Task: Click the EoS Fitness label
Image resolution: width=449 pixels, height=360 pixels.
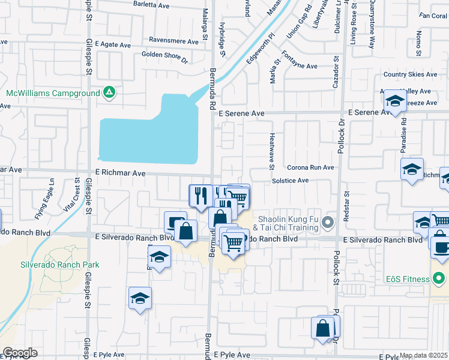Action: (x=408, y=279)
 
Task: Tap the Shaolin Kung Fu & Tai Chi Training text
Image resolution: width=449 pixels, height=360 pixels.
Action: (x=286, y=223)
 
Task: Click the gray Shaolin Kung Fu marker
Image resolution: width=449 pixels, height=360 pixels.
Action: (x=327, y=223)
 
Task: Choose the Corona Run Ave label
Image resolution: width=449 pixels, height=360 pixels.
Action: (x=310, y=167)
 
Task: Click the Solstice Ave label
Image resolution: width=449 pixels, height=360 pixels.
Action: (x=290, y=181)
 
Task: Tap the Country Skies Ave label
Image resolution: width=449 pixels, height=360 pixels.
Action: (x=411, y=74)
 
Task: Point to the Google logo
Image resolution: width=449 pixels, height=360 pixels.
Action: (x=20, y=353)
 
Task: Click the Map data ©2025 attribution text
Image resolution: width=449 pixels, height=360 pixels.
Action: (x=423, y=355)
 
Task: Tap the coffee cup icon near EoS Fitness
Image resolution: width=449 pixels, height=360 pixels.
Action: (x=441, y=248)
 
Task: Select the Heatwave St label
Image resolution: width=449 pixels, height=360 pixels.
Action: (x=272, y=147)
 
